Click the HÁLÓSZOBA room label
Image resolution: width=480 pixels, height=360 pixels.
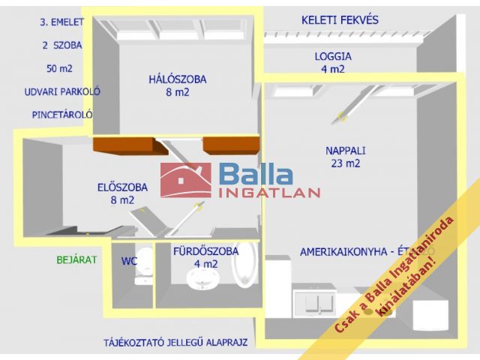click(x=177, y=79)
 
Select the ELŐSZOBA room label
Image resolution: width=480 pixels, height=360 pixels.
click(x=122, y=187)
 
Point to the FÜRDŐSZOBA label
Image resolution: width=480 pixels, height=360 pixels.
click(x=205, y=251)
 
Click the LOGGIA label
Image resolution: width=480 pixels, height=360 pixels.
click(x=332, y=56)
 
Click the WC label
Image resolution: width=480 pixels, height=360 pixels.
click(x=129, y=262)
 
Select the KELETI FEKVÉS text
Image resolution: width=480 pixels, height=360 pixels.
click(x=340, y=19)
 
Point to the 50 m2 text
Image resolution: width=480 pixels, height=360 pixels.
click(x=59, y=68)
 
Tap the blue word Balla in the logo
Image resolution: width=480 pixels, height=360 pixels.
click(x=256, y=174)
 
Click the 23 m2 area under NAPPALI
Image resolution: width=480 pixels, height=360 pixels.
click(x=343, y=163)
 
